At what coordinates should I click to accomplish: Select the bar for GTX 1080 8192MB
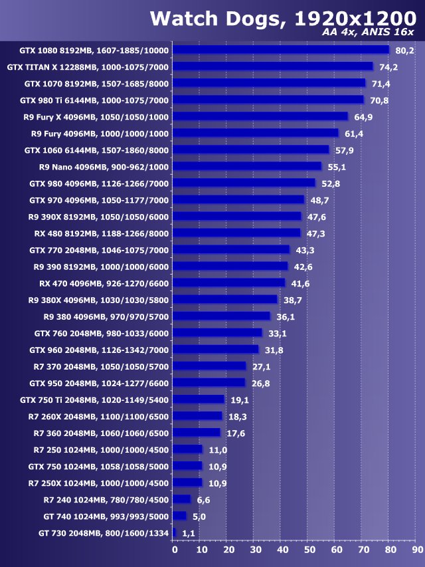coord(281,50)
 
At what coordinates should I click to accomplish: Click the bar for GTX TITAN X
coord(273,66)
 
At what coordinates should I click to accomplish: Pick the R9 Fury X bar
coord(260,116)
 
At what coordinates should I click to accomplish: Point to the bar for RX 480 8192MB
coord(236,233)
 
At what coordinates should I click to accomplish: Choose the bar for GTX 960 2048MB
coord(216,350)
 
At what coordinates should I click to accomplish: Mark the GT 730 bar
coord(175,533)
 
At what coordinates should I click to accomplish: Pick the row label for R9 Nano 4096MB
coord(104,167)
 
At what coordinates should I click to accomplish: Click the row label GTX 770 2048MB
coord(99,250)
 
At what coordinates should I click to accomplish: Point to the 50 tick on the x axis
coord(309,550)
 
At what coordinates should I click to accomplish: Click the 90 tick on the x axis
coord(417,550)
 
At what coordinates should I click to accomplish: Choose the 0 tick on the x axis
coord(175,550)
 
